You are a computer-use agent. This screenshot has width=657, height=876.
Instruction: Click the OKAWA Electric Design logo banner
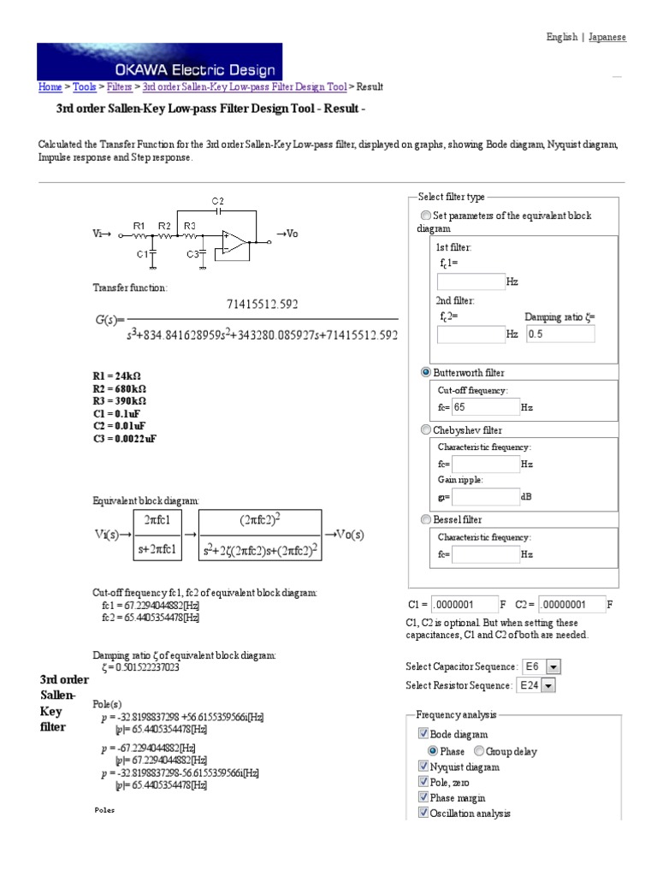click(160, 61)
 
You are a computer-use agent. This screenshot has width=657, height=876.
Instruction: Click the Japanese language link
click(607, 38)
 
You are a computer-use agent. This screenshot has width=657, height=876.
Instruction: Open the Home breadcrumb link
click(50, 86)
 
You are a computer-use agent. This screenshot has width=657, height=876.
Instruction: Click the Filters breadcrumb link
click(120, 86)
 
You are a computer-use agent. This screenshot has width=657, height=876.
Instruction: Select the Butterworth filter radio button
click(426, 373)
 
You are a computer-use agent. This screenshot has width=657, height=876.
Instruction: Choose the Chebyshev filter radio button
click(426, 430)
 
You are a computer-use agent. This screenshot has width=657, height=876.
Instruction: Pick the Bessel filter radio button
click(426, 520)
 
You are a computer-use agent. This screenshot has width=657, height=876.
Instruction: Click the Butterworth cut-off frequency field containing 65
click(485, 407)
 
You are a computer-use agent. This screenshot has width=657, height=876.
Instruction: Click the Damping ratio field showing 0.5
click(560, 334)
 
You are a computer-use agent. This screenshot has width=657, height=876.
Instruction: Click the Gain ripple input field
click(485, 497)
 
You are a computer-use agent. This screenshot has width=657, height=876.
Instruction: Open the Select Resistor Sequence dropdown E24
click(536, 685)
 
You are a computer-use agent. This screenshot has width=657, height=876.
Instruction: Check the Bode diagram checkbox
click(423, 734)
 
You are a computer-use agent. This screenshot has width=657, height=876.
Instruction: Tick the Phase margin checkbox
click(423, 797)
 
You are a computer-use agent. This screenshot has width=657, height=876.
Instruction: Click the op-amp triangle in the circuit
click(233, 242)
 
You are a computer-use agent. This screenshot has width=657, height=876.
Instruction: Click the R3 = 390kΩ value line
click(119, 400)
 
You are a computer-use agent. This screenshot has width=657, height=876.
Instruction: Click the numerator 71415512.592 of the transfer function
click(263, 304)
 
